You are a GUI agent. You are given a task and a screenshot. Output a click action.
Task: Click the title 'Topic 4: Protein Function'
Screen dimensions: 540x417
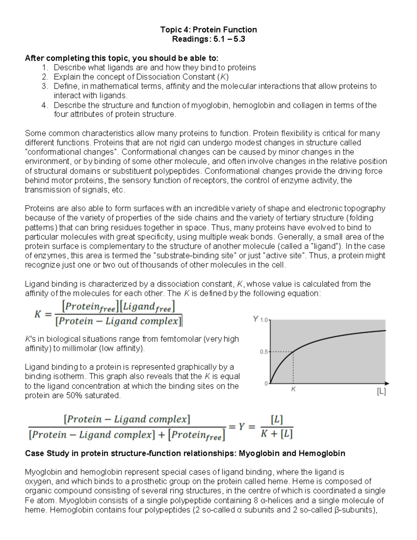[208, 30]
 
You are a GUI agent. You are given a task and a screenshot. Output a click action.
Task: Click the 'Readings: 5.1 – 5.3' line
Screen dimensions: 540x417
[208, 39]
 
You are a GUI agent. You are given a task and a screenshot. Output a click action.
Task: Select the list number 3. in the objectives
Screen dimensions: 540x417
[44, 86]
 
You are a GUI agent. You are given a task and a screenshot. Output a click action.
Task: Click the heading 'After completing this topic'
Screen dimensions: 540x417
[122, 58]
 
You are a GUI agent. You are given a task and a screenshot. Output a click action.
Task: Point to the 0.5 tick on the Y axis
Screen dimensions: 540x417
[264, 352]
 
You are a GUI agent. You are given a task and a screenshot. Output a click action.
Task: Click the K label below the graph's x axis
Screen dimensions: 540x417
[293, 389]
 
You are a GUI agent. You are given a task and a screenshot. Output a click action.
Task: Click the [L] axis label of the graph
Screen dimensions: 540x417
[381, 392]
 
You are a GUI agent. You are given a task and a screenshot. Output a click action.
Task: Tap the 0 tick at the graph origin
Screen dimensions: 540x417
[266, 383]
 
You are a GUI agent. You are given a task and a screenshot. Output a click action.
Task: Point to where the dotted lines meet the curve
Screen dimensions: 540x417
[294, 352]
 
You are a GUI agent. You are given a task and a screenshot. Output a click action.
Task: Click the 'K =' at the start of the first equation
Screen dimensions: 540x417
[42, 314]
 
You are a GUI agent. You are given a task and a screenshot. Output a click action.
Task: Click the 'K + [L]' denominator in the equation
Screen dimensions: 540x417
[277, 434]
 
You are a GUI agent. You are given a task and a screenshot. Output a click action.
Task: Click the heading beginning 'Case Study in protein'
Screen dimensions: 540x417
[185, 453]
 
